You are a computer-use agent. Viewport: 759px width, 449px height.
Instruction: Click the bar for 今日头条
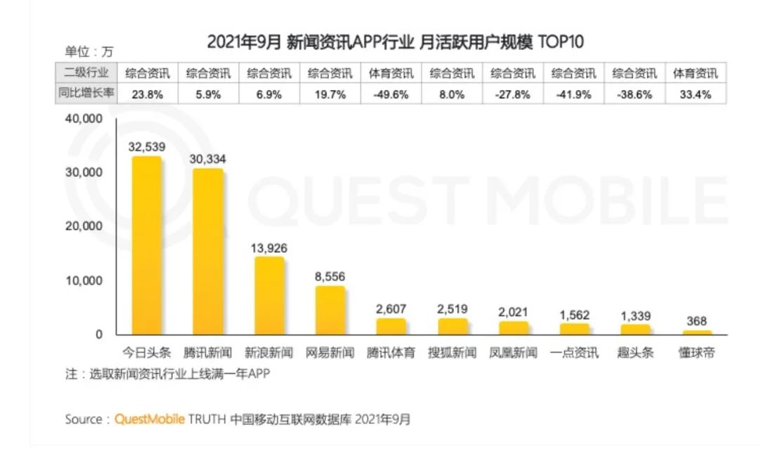pyautogui.click(x=147, y=246)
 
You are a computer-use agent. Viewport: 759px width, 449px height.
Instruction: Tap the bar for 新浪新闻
pyautogui.click(x=269, y=296)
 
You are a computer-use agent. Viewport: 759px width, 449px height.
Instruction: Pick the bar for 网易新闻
pyautogui.click(x=330, y=310)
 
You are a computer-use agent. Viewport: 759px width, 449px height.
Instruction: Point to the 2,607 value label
pyautogui.click(x=391, y=308)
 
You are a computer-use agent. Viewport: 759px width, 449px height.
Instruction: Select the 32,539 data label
pyautogui.click(x=147, y=147)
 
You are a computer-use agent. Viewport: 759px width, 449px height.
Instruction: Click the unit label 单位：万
pyautogui.click(x=89, y=51)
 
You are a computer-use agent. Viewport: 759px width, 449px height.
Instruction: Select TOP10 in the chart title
pyautogui.click(x=561, y=41)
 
